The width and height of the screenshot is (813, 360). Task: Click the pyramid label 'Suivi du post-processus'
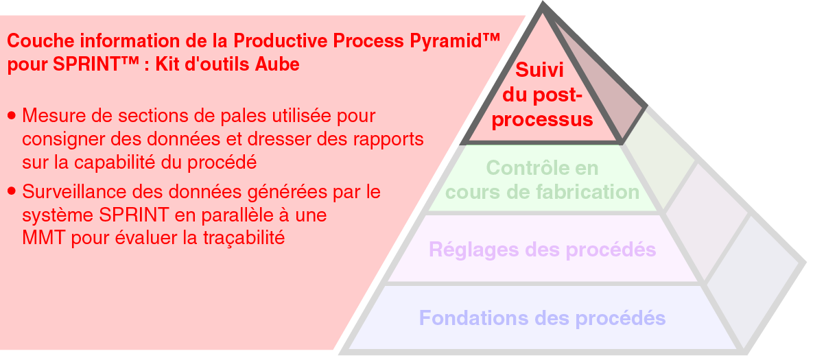(542, 95)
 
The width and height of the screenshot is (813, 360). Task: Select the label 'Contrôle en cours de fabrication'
(543, 180)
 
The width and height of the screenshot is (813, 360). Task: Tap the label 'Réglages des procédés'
(543, 250)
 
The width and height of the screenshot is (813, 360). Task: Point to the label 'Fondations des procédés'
(543, 317)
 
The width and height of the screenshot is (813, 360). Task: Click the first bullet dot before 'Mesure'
(12, 116)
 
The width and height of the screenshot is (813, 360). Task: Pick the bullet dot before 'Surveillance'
(12, 192)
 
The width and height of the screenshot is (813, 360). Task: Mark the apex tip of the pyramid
(543, 3)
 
